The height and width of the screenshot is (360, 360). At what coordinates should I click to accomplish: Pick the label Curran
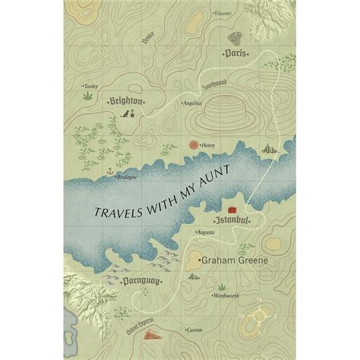coord(195,330)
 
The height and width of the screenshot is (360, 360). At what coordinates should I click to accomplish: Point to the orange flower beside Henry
coord(194,142)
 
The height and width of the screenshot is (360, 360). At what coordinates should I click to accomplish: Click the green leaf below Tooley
coord(87,97)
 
